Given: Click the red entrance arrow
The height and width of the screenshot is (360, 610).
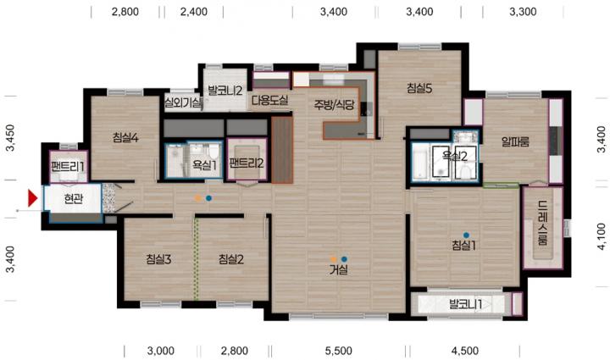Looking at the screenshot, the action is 32,198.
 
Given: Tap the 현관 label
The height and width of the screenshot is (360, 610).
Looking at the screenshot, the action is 74,199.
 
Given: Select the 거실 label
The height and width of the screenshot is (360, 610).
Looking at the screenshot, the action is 339,269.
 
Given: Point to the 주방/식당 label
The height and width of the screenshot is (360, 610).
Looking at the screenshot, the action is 334,104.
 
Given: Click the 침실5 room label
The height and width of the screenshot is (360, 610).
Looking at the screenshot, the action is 419,88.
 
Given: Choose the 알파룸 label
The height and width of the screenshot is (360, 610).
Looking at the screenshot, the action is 515,142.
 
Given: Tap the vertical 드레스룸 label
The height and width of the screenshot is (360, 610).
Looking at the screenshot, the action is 543,223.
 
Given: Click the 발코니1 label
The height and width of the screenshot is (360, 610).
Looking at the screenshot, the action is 465,304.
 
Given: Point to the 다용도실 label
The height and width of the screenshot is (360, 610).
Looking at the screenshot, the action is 269,100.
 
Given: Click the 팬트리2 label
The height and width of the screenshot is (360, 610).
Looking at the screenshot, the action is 247,163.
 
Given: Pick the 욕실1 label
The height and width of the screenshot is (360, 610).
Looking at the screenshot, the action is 205,165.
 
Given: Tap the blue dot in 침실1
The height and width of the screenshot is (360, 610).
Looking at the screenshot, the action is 466,235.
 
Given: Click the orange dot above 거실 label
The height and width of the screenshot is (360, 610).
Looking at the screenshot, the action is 334,259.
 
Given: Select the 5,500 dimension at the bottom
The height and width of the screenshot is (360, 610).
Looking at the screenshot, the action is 338,351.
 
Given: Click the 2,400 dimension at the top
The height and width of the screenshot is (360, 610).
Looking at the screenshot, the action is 194,12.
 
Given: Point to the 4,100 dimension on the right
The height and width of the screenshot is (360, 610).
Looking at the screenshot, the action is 602,236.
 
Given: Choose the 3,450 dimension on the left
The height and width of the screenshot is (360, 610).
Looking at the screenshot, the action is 9,137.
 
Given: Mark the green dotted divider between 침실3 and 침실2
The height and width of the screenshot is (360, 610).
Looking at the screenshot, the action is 196,259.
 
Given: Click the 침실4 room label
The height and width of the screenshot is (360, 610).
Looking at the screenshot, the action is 125,137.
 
